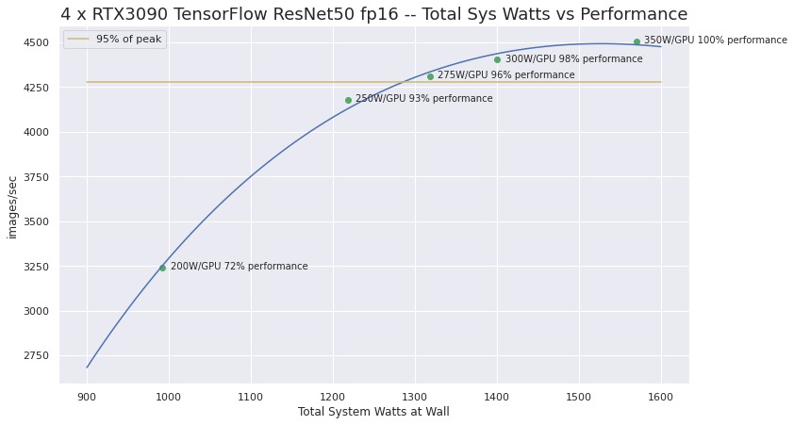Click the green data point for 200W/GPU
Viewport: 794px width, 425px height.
pyautogui.click(x=162, y=268)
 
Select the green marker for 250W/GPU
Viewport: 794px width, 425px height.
pyautogui.click(x=348, y=100)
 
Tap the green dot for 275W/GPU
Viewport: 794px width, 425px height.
pyautogui.click(x=430, y=76)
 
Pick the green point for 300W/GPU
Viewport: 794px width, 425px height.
pyautogui.click(x=497, y=59)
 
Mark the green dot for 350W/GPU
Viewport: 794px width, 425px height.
pyautogui.click(x=637, y=41)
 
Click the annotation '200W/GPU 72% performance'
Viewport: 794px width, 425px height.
pyautogui.click(x=239, y=267)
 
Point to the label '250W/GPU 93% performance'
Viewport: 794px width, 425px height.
pyautogui.click(x=423, y=99)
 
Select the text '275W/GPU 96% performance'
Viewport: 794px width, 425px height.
pyautogui.click(x=505, y=75)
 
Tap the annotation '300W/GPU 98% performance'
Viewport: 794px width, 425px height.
pyautogui.click(x=573, y=59)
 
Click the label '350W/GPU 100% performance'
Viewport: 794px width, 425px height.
pyautogui.click(x=715, y=41)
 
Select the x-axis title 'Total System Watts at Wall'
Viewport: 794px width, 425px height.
pyautogui.click(x=373, y=412)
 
